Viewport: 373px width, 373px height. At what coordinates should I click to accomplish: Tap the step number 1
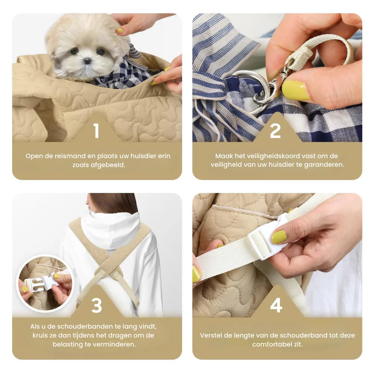pos(97,131)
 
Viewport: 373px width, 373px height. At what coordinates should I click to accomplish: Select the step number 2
pos(275,131)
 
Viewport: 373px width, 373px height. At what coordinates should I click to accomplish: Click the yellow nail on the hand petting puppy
pos(120,31)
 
